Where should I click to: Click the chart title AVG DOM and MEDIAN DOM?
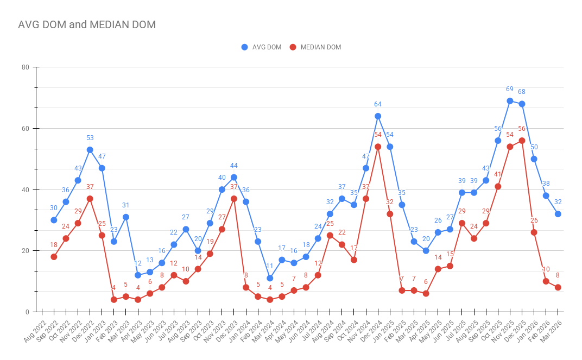point(87,24)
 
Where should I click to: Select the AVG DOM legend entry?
point(261,47)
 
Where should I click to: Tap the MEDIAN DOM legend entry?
point(315,47)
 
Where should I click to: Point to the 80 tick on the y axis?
point(25,67)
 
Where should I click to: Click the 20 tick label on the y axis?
point(25,251)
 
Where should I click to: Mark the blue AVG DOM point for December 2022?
point(90,150)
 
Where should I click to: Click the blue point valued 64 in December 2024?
point(378,116)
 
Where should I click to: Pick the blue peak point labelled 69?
point(510,101)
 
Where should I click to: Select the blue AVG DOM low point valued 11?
point(270,279)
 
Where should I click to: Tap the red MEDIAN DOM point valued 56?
point(522,141)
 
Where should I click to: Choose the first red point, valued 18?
point(54,257)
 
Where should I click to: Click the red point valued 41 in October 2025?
point(498,187)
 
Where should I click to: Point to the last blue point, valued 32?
point(558,214)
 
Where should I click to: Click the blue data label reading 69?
point(510,89)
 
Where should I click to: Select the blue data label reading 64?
point(378,104)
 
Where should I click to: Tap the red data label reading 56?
point(522,129)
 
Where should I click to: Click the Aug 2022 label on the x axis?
point(35,331)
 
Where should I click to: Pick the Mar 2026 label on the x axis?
point(551,331)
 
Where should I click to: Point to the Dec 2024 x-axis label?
point(371,331)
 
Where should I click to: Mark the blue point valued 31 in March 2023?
point(126,217)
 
